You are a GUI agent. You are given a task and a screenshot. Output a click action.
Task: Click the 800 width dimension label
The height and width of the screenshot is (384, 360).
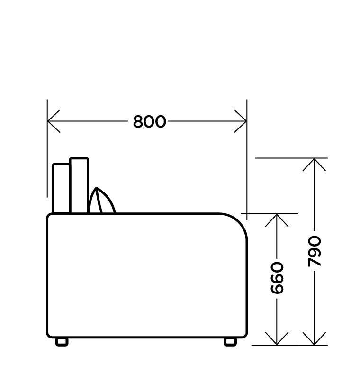150,121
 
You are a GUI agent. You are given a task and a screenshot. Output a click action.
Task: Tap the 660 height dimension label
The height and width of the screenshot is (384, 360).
277,278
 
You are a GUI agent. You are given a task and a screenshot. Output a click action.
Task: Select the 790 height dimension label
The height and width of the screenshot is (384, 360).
315,251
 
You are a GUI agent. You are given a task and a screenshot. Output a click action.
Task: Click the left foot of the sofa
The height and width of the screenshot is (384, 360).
62,342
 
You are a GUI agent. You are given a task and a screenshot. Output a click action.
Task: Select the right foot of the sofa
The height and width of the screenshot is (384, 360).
230,342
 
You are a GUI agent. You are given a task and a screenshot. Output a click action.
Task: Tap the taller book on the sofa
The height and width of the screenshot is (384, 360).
79,185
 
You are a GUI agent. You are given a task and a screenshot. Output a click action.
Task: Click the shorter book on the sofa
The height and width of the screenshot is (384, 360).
61,188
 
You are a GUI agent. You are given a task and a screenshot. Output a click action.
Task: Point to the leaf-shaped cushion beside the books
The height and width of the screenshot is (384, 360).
101,201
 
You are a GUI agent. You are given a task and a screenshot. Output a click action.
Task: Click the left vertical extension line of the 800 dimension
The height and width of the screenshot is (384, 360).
47,148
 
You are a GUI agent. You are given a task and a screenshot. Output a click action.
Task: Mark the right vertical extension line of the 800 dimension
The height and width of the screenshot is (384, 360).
247,160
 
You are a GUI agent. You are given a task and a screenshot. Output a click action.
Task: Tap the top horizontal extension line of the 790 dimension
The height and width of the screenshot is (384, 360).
291,158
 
